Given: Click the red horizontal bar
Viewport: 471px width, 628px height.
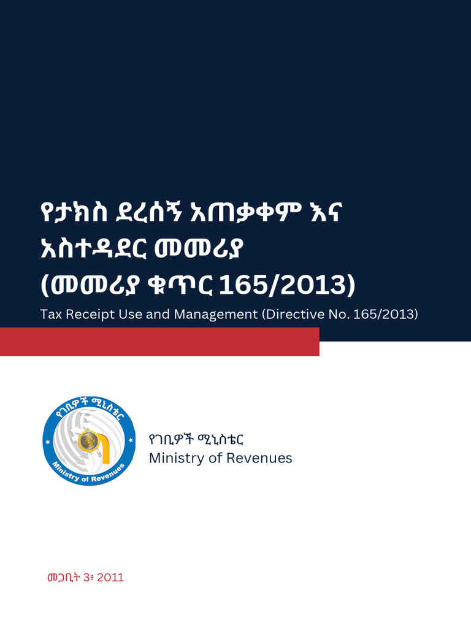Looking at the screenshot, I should tap(159, 342).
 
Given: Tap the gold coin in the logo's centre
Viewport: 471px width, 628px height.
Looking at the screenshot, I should tap(89, 440).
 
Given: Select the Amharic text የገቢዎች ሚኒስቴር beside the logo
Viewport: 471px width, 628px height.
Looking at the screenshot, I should tap(197, 440).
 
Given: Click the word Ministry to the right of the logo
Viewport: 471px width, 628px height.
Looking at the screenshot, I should tap(174, 458).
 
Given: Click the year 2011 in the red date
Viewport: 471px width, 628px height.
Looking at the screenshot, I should tap(110, 578).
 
